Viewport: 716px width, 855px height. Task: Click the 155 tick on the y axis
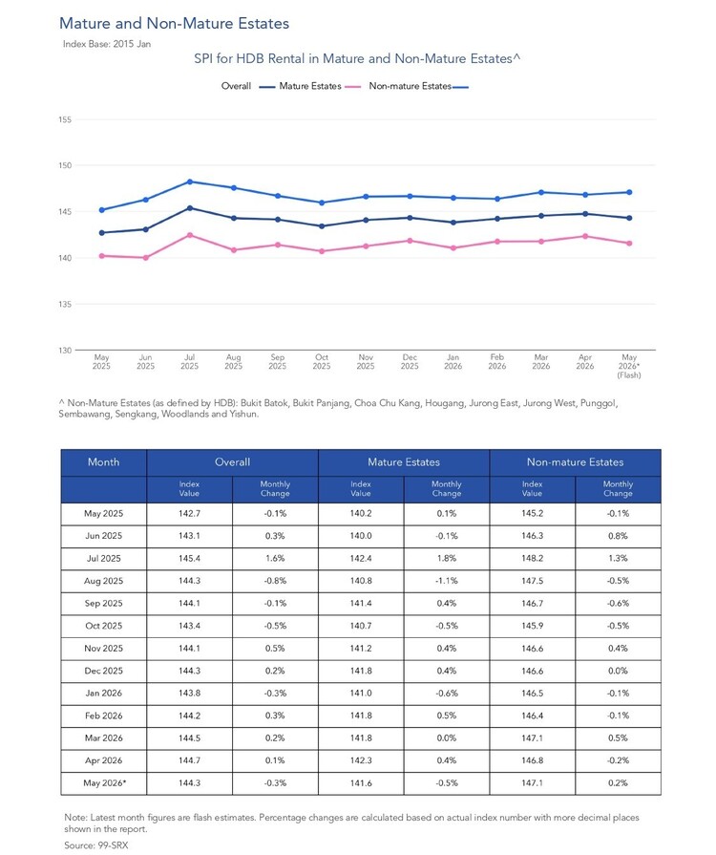[65, 119]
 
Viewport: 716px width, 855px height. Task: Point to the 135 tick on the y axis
[65, 304]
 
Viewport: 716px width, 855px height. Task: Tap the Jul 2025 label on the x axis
[190, 361]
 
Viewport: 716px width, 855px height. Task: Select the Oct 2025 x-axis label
[322, 361]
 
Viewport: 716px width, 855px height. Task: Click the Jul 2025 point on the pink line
[190, 235]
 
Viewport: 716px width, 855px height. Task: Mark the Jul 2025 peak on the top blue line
[190, 182]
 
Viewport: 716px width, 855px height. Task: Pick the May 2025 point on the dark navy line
[101, 233]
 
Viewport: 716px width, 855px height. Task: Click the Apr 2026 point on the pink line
[585, 236]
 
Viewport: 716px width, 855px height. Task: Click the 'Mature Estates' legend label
[310, 86]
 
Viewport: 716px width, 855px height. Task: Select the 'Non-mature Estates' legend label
[410, 86]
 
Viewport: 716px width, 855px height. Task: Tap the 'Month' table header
[103, 461]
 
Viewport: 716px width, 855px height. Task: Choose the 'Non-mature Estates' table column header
[575, 461]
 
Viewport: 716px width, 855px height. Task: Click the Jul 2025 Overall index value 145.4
[189, 558]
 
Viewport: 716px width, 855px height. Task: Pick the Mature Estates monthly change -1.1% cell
[446, 581]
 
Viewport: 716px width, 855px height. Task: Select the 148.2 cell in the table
[532, 558]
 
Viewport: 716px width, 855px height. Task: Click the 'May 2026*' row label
[104, 783]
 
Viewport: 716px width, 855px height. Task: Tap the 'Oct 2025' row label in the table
[103, 626]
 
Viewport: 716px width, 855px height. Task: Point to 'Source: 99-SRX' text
[95, 845]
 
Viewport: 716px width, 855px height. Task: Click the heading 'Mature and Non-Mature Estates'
[175, 23]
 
